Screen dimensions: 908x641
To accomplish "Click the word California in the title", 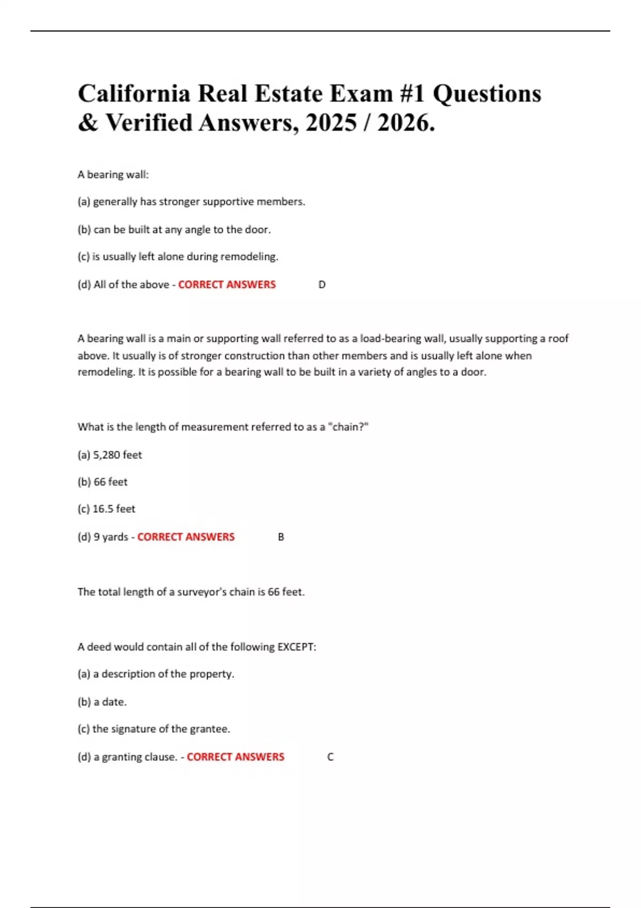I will (x=134, y=94).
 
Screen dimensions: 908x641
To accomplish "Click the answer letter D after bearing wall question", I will (x=322, y=285).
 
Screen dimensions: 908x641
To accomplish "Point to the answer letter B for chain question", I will (x=281, y=537).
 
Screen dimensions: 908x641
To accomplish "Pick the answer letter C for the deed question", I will (x=330, y=757).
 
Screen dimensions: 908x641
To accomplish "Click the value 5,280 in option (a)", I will (x=106, y=455).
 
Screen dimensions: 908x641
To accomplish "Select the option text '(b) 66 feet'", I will (x=103, y=482).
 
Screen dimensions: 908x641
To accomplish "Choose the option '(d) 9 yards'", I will (x=103, y=537).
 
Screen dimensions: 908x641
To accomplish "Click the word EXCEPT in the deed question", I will (x=296, y=647).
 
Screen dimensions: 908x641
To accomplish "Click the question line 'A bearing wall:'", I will (x=113, y=175).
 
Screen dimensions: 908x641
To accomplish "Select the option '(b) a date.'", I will (x=102, y=702).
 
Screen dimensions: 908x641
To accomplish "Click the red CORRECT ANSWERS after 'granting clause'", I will (x=236, y=757).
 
